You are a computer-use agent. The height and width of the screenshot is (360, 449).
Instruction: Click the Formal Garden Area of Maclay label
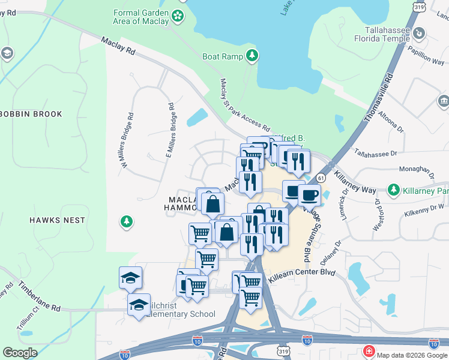(142, 17)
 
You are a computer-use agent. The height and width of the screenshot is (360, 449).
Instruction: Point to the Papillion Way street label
(426, 58)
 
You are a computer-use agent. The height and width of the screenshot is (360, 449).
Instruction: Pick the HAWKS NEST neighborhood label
(58, 220)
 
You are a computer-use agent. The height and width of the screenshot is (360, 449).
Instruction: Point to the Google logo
(20, 353)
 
